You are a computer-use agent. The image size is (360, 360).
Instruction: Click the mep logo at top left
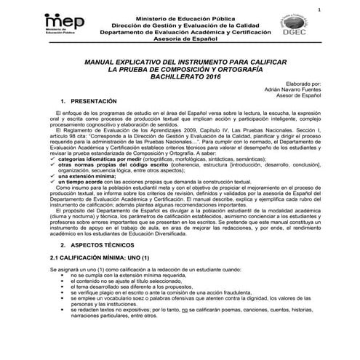click(x=65, y=23)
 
